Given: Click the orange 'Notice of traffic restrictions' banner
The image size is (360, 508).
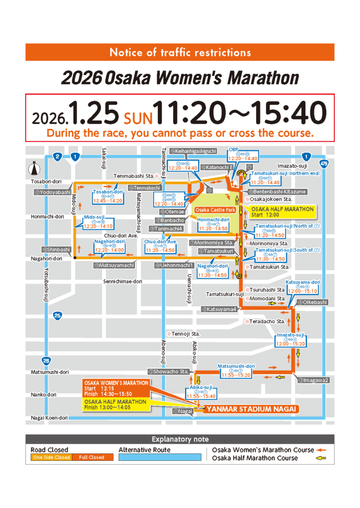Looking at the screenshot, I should pos(180,52).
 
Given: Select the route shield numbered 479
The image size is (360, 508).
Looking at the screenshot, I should pos(324,163).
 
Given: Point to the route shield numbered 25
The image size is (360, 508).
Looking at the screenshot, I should pos(59,315).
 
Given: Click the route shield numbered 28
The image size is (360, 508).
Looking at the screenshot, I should pos(46,361).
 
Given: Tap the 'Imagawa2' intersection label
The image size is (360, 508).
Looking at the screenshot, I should pos(313,380).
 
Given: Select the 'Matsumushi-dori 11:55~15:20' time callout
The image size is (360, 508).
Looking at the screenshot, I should pos(236,370).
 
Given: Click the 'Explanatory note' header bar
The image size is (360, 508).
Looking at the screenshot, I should pos(180,439).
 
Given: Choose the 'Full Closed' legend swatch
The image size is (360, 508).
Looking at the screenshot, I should pos(92,457).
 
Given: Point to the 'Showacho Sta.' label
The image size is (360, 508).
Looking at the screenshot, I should pos(168,372).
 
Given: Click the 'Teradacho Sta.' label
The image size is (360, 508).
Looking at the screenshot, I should pos(267,321).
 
